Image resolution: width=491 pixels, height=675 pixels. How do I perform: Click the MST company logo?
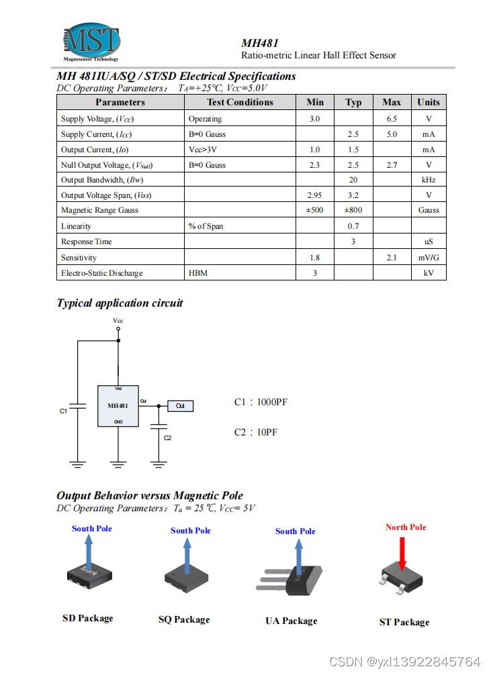92,42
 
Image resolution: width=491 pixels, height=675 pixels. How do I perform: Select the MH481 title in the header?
260,42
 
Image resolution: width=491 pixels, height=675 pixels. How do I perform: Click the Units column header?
428,102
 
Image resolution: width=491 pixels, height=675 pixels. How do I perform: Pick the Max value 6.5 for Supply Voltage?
392,119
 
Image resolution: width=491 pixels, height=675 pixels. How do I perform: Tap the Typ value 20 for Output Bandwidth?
353,180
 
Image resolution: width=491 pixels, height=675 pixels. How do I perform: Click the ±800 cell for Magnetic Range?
353,210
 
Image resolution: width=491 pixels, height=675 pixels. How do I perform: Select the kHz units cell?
429,180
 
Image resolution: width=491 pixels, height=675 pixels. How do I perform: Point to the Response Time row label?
87,242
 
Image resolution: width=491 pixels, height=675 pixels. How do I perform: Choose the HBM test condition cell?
197,273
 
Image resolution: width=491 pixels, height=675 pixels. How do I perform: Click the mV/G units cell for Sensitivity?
429,258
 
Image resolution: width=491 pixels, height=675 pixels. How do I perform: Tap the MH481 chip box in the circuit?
118,406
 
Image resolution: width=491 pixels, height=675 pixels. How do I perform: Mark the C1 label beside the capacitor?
64,411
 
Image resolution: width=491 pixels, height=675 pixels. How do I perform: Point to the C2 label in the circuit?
168,437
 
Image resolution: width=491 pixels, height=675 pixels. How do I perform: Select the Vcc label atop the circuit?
118,321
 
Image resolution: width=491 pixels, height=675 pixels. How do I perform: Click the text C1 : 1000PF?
261,403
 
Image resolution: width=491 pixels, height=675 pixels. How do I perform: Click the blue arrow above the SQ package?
186,550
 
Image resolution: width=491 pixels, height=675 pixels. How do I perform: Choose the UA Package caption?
291,621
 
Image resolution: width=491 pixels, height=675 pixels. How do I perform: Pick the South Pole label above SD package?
92,529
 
